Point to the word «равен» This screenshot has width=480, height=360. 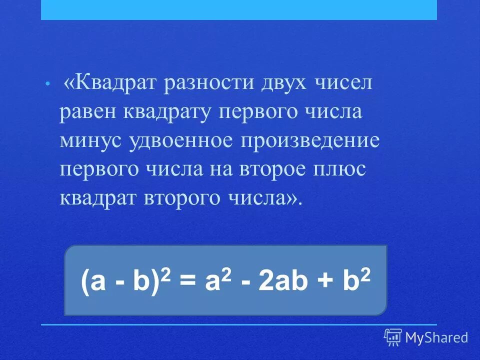[x=86, y=112]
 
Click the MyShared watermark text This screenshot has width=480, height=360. [x=436, y=337]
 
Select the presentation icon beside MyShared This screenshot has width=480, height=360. [x=393, y=337]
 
